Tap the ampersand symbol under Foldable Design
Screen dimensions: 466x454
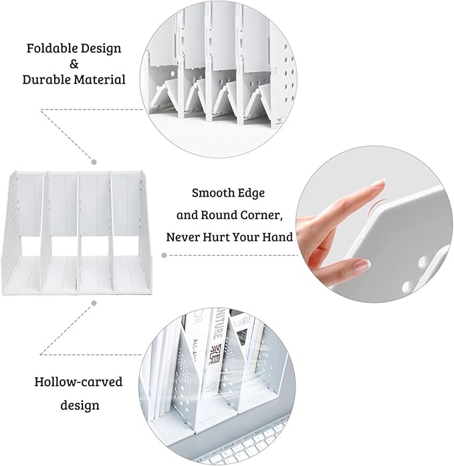click(x=74, y=64)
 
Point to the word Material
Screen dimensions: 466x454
click(x=101, y=80)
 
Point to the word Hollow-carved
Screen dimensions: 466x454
click(x=78, y=382)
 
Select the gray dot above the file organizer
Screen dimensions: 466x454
click(x=94, y=161)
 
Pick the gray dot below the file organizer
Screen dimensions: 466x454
click(x=94, y=304)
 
